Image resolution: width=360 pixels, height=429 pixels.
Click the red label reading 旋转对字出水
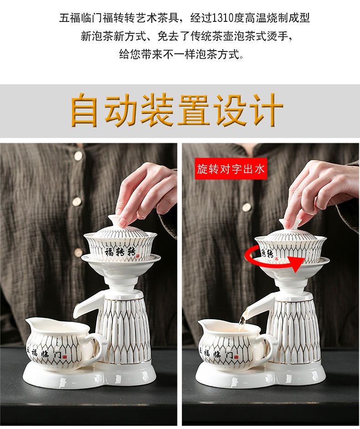[x=231, y=169]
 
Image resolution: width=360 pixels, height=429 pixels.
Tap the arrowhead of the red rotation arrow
[x=297, y=264]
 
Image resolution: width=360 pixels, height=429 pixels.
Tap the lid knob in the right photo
[x=290, y=224]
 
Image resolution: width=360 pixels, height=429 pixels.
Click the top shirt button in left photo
[x=78, y=156]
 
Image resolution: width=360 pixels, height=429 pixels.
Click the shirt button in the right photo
[x=247, y=207]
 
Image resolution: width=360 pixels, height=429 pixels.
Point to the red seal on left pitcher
[x=65, y=357]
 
